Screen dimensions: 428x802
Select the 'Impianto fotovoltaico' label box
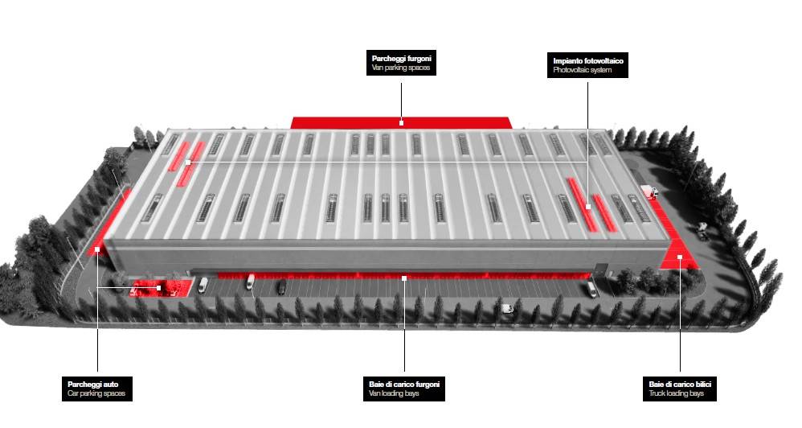(x=588, y=65)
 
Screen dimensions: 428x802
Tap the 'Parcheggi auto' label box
(x=96, y=388)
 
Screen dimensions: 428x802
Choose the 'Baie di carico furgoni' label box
(x=403, y=388)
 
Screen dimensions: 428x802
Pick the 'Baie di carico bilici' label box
(x=680, y=388)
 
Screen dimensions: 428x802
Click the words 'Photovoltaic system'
(x=583, y=71)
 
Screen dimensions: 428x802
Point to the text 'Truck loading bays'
(x=677, y=393)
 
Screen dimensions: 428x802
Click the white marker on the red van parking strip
(x=401, y=123)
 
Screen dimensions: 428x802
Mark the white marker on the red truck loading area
(x=680, y=257)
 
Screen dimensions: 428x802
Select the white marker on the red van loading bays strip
(x=404, y=278)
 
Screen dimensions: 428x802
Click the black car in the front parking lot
(x=281, y=286)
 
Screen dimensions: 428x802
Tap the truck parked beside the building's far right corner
(x=649, y=192)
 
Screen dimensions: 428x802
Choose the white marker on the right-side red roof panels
(x=588, y=207)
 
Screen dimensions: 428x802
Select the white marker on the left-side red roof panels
(x=187, y=163)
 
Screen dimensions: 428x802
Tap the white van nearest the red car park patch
(x=203, y=284)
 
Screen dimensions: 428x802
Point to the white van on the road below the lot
(x=507, y=308)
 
